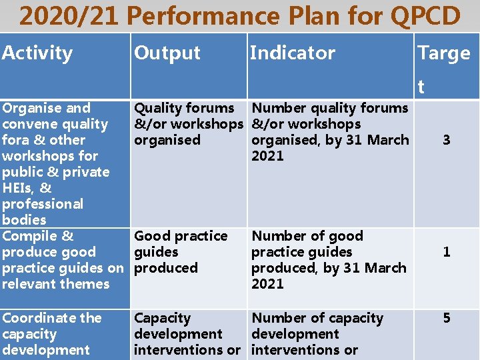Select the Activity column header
(37, 53)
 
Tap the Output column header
(167, 53)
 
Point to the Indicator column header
(292, 53)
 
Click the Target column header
(443, 53)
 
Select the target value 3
(447, 140)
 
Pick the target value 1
(447, 252)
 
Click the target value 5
(447, 318)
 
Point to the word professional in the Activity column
(43, 204)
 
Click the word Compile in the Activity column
(30, 236)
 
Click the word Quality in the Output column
(159, 108)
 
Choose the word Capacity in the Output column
(163, 318)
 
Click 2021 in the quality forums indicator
(267, 156)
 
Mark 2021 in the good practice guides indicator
(267, 284)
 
